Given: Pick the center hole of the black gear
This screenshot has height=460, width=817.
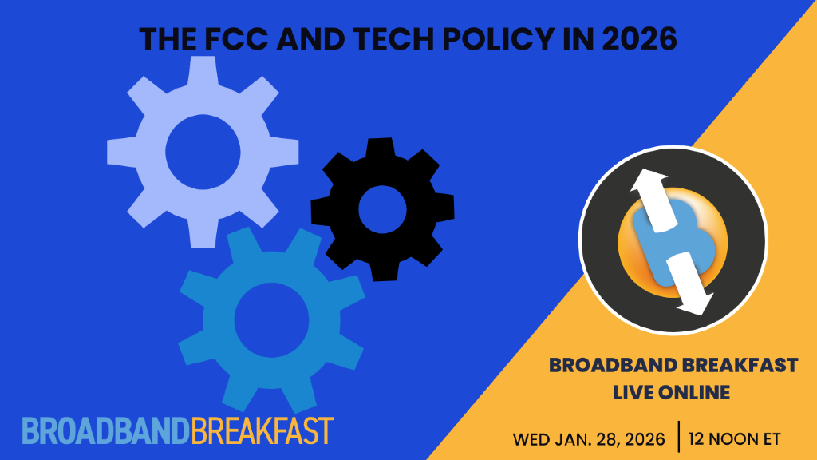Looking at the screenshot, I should point(381,210).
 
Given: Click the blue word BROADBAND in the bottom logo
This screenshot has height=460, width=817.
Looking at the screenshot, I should point(105,430).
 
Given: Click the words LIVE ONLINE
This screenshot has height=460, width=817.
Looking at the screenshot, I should point(672,392).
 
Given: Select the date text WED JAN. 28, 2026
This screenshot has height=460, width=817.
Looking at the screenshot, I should point(589,438).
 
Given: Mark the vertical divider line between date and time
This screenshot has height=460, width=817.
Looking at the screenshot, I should point(678,437).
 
